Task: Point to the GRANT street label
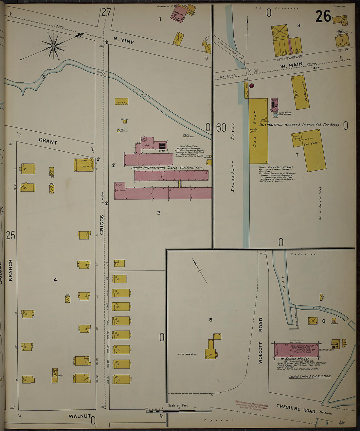[48, 141]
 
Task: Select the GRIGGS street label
[101, 225]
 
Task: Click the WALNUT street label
[79, 416]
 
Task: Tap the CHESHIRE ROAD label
[296, 408]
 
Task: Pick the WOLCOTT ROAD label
[261, 340]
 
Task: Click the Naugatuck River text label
[233, 157]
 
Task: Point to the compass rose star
[53, 47]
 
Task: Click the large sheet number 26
[323, 17]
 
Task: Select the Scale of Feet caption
[178, 405]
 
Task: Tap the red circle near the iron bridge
[252, 85]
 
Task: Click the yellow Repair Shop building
[300, 93]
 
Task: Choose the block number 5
[211, 320]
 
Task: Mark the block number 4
[55, 280]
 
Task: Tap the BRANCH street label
[10, 270]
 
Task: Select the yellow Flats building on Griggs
[84, 165]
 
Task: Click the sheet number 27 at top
[106, 12]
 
